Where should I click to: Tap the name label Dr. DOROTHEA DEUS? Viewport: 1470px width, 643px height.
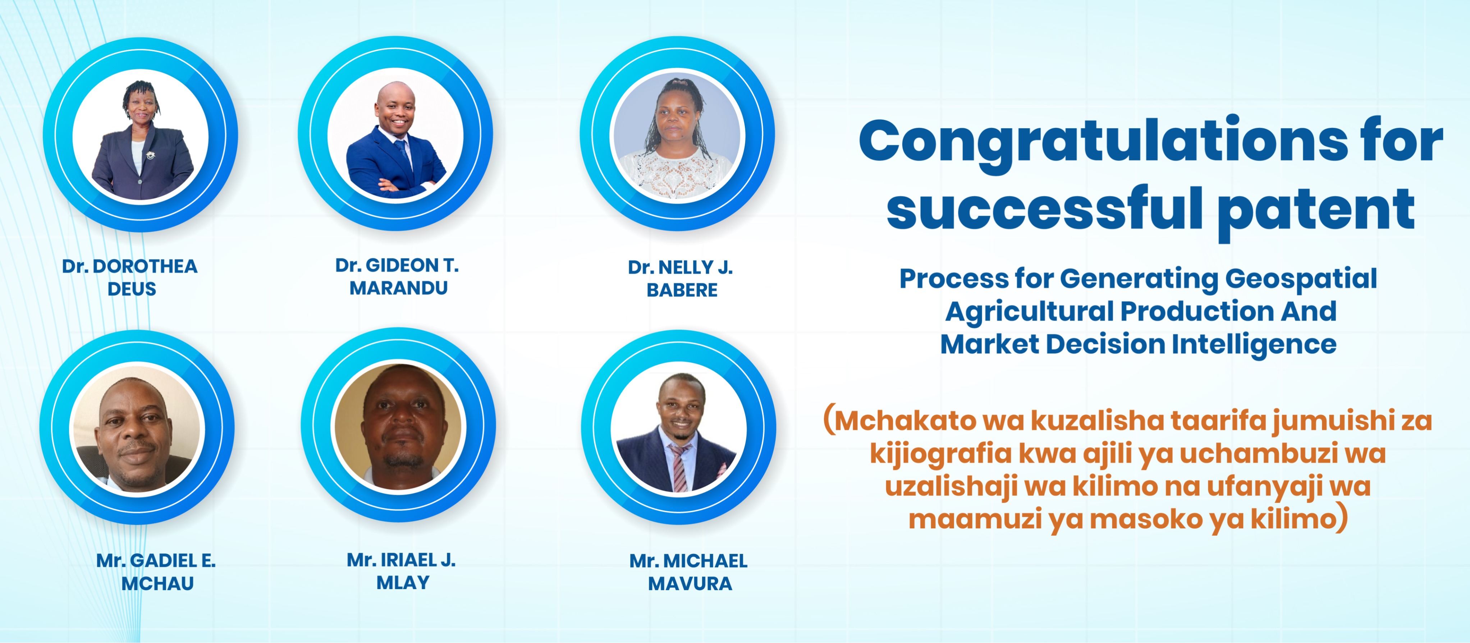point(130,277)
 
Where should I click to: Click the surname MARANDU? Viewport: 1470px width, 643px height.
point(398,288)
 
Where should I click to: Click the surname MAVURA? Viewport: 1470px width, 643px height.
point(690,584)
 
